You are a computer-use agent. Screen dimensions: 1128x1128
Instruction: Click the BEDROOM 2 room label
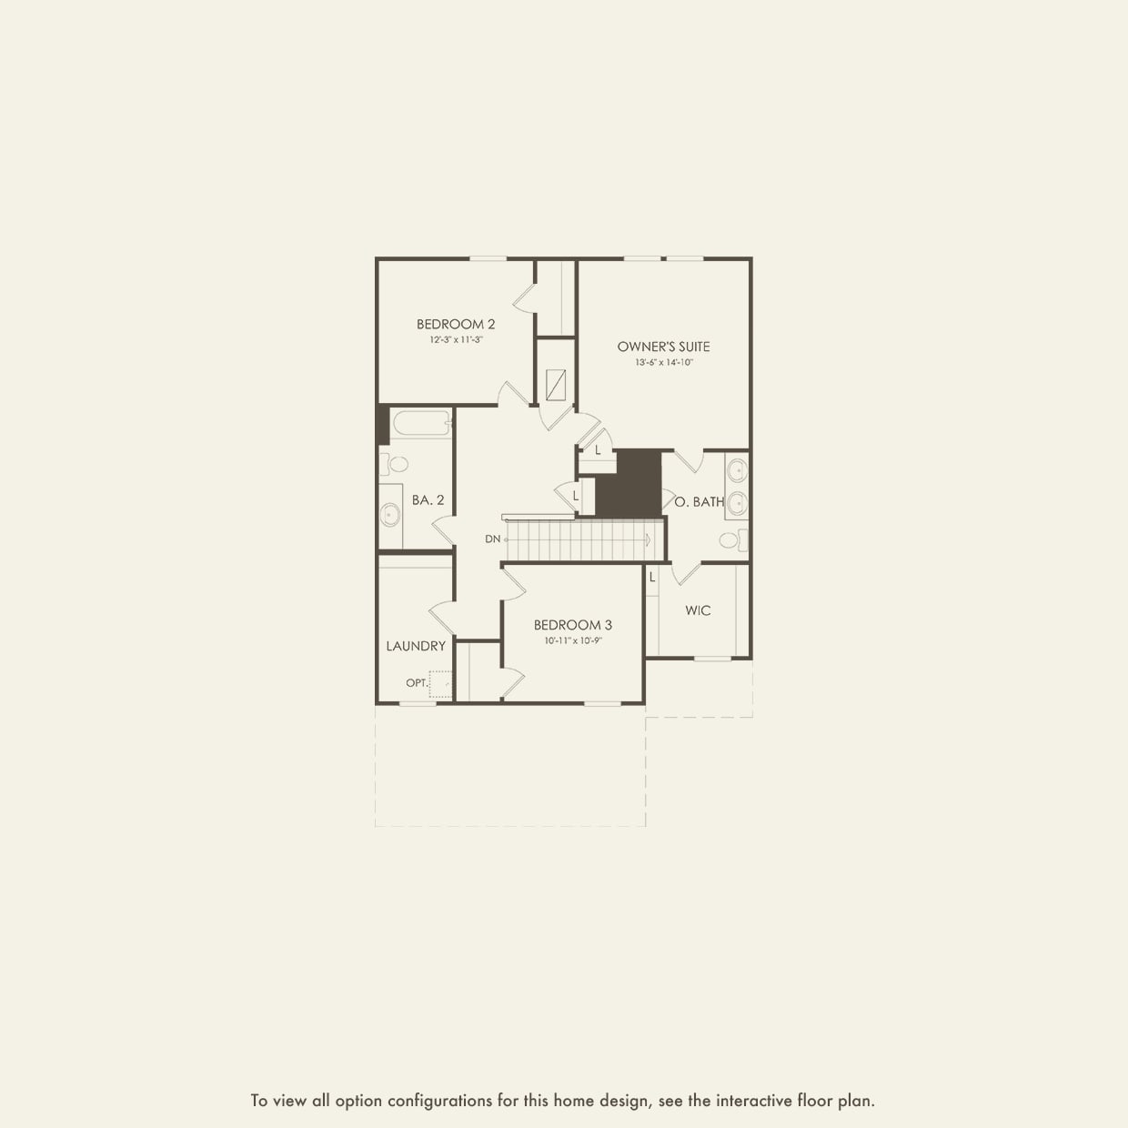tap(456, 324)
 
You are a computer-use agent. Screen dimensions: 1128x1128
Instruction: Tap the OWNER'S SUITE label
tap(663, 347)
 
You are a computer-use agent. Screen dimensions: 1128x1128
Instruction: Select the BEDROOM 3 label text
tap(572, 625)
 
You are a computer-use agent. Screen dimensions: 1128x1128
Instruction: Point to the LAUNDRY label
tap(416, 646)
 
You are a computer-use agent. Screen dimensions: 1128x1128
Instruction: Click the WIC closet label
tap(698, 610)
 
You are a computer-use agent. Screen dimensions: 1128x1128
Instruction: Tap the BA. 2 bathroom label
tap(428, 499)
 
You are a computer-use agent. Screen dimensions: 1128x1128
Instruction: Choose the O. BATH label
tap(700, 501)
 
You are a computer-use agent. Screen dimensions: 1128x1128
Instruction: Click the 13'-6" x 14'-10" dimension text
tap(663, 362)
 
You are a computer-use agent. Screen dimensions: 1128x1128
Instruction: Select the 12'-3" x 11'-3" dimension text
tap(456, 339)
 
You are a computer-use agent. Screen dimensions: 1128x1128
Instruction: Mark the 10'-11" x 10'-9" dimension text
tap(573, 640)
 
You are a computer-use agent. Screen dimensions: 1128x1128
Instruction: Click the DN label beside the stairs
tap(492, 539)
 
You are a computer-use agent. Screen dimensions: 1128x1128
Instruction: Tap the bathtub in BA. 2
tap(421, 423)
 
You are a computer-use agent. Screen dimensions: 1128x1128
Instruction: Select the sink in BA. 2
tap(390, 515)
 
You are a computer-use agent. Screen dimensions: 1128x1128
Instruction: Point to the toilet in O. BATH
tap(730, 540)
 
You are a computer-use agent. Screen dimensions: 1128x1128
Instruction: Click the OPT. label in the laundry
tap(417, 682)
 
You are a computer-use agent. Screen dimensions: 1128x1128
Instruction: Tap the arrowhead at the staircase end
tap(648, 539)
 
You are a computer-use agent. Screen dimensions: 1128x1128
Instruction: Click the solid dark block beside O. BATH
tap(629, 483)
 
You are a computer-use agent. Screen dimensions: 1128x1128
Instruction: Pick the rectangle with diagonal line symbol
tap(556, 386)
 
